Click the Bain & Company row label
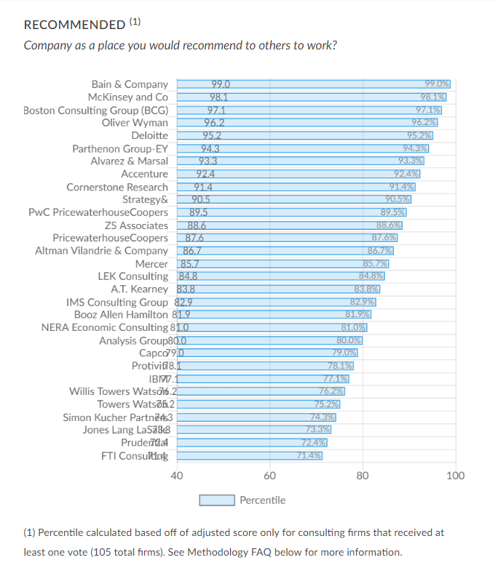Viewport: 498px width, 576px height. click(130, 84)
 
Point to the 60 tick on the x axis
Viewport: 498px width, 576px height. click(270, 476)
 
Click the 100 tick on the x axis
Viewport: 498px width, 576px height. click(456, 476)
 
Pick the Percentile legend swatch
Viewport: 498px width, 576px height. click(217, 500)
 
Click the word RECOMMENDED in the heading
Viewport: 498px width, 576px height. click(74, 25)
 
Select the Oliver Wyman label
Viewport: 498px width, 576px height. click(135, 122)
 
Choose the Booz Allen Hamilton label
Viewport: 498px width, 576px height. click(121, 314)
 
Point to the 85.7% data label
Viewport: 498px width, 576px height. click(376, 263)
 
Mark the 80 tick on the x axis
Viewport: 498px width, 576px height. click(363, 476)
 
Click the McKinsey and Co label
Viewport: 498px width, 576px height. click(128, 97)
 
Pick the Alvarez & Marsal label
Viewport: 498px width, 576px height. click(129, 161)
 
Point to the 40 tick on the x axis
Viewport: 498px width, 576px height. click(177, 476)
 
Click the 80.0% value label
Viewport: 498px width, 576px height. click(349, 340)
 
